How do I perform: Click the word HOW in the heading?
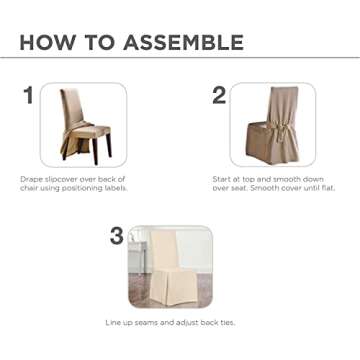[x=46, y=42]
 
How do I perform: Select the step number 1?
[x=28, y=96]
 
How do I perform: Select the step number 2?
[x=218, y=96]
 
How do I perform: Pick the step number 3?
[x=117, y=237]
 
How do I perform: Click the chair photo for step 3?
[x=170, y=267]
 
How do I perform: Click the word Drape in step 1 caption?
[x=31, y=178]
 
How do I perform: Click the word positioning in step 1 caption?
[x=82, y=187]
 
